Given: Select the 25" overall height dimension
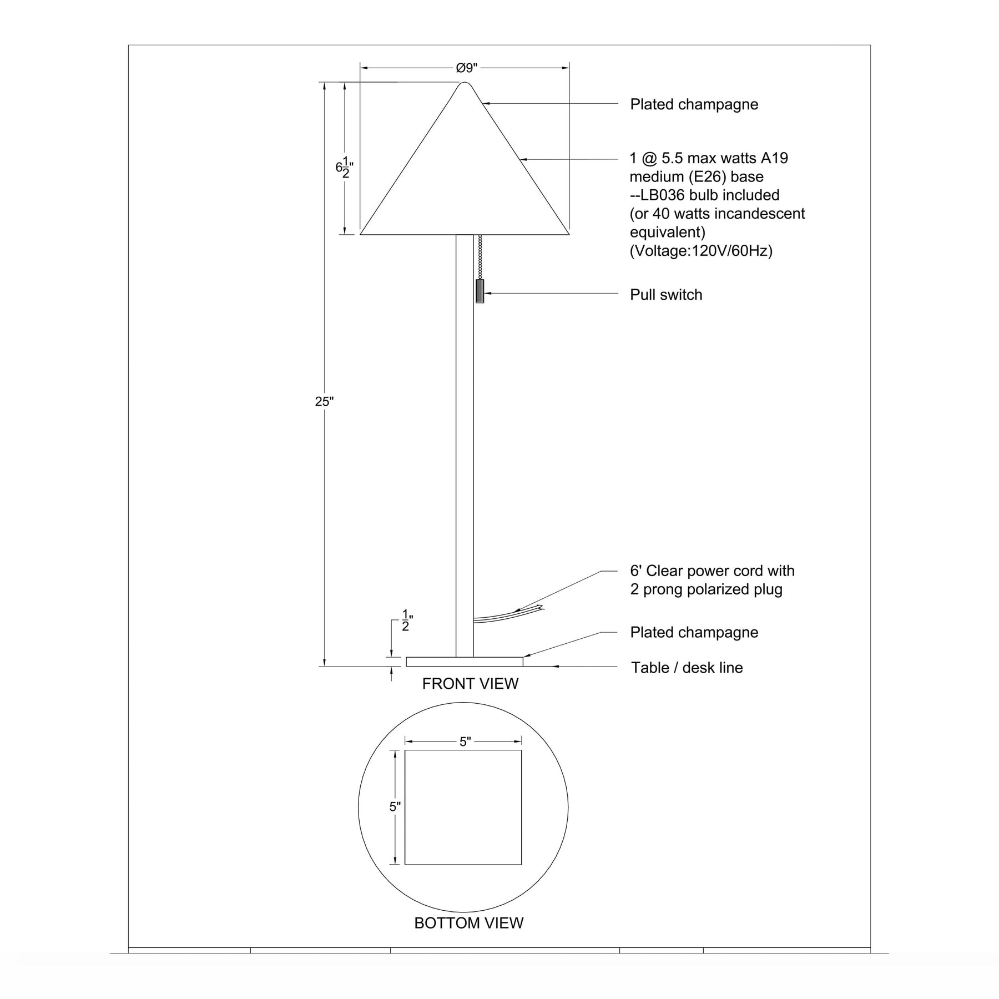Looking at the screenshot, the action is pos(324,402).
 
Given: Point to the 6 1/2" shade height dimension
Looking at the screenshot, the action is pos(344,167).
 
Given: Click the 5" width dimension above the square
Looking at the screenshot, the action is pos(465,741).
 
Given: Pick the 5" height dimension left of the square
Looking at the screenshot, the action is pos(395,807).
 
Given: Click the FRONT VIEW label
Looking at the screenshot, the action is pos(470,684).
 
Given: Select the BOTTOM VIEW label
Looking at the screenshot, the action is pos(469,923).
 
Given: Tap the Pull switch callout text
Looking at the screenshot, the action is pos(666,295).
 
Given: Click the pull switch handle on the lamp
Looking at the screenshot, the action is pos(480,291).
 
